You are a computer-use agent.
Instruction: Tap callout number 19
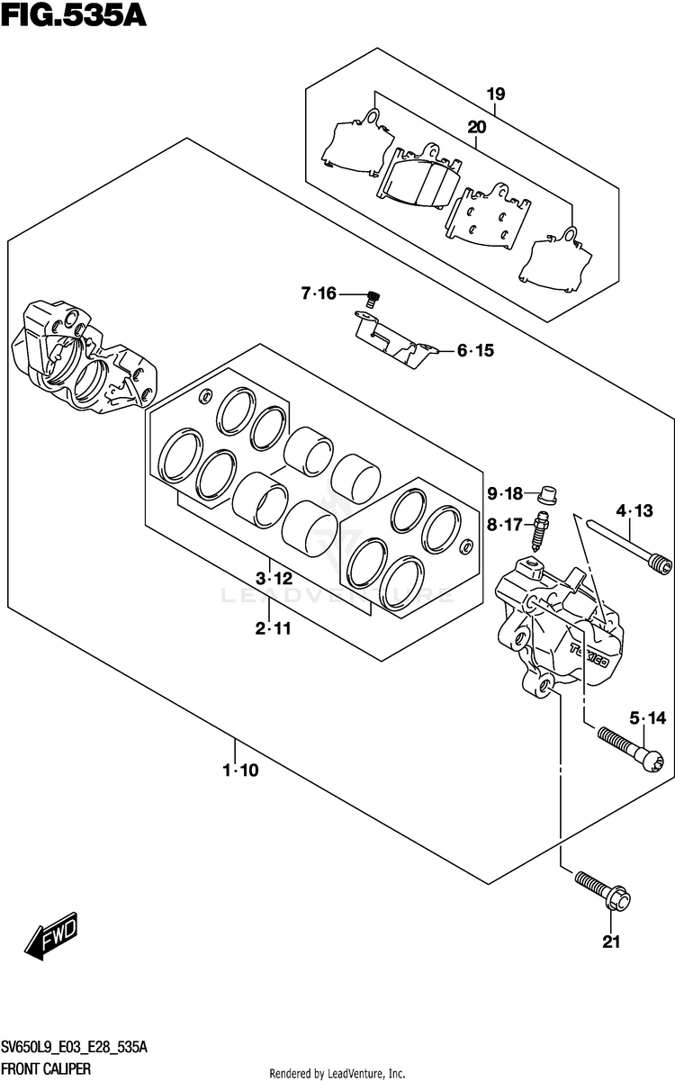[496, 94]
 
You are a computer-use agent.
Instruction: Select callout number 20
[476, 127]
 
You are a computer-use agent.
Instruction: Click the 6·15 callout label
[475, 351]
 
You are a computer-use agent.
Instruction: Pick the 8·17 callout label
[505, 525]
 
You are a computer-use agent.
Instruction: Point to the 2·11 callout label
[274, 629]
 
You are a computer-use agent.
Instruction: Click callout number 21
[612, 942]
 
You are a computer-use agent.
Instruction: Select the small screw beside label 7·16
[373, 295]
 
